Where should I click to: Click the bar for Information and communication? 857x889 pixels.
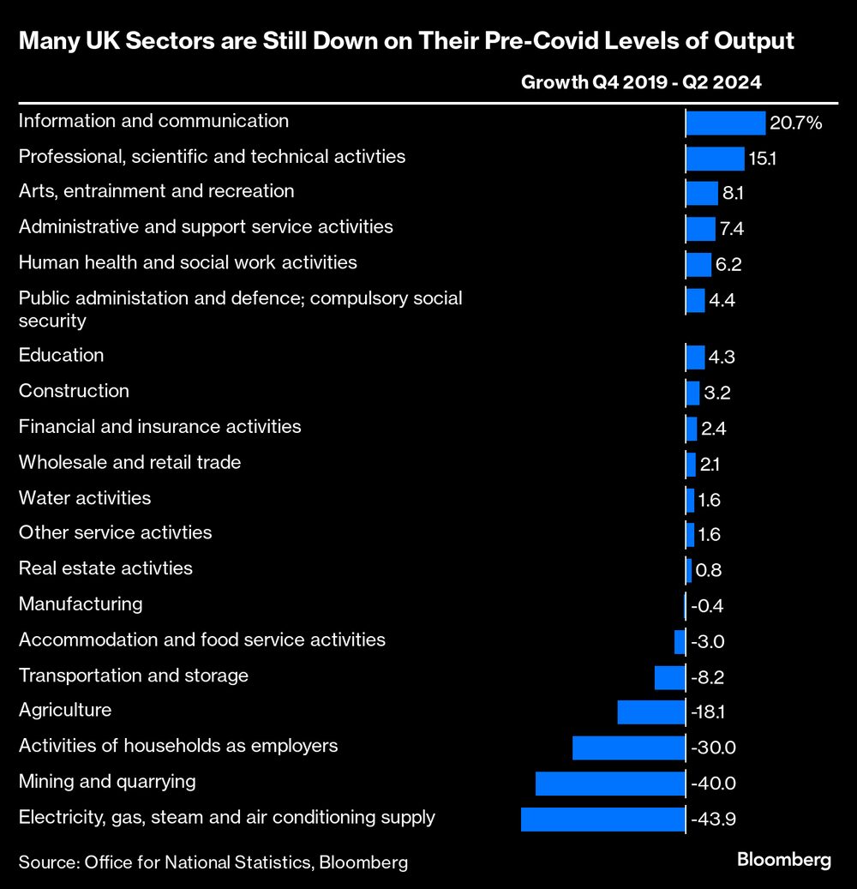pos(725,123)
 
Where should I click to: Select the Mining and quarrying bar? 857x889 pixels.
pos(610,783)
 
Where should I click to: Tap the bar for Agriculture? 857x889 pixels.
pos(651,712)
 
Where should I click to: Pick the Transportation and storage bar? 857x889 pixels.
pos(669,677)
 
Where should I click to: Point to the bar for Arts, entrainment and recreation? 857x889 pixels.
pos(702,194)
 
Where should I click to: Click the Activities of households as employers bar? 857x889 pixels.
pos(629,748)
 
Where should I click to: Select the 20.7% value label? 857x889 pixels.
pos(795,123)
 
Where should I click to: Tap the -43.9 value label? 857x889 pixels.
pos(713,820)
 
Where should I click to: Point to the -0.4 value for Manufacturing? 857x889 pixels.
pos(707,606)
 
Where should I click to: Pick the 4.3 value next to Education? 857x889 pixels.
pos(722,357)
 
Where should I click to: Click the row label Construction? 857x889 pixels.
pos(74,391)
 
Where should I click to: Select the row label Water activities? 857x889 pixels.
pos(85,498)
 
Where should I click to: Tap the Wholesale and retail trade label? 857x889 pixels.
pos(129,462)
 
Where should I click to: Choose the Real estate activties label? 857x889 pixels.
pos(105,568)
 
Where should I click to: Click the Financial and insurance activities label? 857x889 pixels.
pos(159,426)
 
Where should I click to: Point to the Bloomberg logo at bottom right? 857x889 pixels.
pos(784,860)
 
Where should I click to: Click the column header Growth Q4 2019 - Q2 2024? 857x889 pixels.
pos(642,83)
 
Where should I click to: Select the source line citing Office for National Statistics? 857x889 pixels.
pos(213,862)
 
